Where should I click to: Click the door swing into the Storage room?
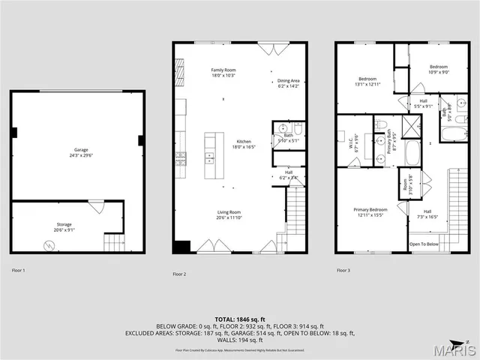point(96,205)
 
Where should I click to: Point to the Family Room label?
point(223,70)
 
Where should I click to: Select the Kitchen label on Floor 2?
point(244,142)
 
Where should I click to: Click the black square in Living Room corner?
point(181,247)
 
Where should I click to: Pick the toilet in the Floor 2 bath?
point(298,127)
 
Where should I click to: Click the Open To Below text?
point(424,244)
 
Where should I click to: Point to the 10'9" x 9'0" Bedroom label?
point(439,69)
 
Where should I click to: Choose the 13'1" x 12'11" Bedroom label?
point(367,82)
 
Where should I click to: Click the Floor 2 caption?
point(179,274)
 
